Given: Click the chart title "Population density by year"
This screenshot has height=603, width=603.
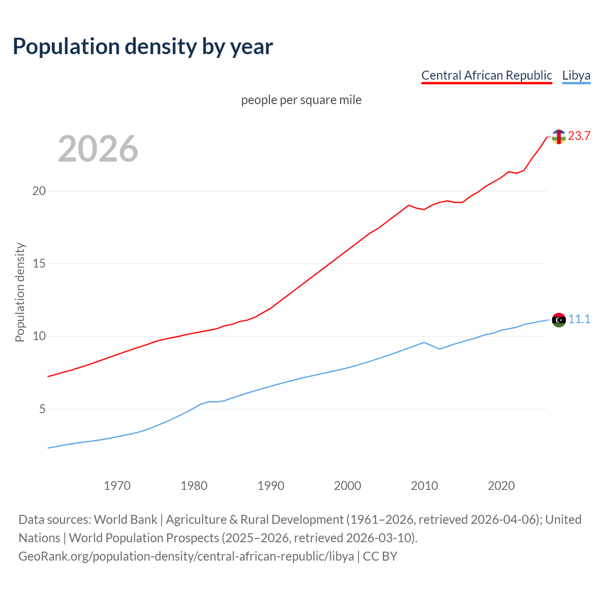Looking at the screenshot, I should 143,47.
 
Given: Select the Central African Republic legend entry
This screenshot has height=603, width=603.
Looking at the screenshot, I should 486,75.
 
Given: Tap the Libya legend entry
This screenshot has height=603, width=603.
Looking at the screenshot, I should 576,75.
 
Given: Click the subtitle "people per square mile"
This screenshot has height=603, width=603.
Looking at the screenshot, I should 301,100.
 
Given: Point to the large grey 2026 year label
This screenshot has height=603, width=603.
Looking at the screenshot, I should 98,149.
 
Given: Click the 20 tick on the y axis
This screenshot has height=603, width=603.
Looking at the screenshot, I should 39,191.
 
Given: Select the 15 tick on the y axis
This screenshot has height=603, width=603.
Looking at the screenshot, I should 39,263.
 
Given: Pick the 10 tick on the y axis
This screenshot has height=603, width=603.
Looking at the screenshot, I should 39,336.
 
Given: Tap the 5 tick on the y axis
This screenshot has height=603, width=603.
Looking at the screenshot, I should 42,409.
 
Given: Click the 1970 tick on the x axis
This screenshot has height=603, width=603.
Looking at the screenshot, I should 117,486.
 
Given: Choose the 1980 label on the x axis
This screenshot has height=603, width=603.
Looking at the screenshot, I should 194,486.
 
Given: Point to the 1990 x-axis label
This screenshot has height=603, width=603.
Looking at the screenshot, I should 270,486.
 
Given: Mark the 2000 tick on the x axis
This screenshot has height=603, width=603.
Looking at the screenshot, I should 347,486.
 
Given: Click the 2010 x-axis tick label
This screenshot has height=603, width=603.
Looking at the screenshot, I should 424,486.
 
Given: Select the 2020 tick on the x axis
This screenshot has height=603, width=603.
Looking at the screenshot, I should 501,486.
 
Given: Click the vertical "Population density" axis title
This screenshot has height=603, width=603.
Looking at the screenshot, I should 20,292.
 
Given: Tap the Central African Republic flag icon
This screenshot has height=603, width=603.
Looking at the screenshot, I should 559,137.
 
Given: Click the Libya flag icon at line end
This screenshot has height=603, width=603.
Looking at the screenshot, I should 559,320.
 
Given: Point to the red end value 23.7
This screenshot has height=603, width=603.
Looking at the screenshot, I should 579,136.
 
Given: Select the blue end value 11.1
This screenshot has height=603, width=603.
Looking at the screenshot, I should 579,319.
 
